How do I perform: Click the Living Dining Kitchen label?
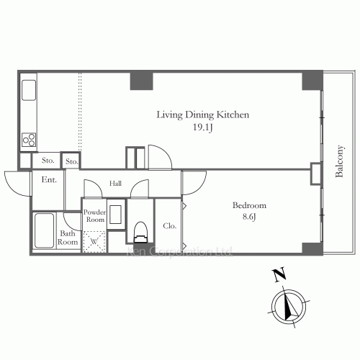pyautogui.click(x=203, y=115)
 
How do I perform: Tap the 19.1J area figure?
pyautogui.click(x=203, y=127)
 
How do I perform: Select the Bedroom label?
pyautogui.click(x=249, y=205)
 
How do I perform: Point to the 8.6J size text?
pyautogui.click(x=249, y=217)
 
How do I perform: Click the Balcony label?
pyautogui.click(x=339, y=161)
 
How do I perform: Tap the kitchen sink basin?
pyautogui.click(x=29, y=90)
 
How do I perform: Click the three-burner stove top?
pyautogui.click(x=29, y=140)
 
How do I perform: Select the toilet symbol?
pyautogui.click(x=140, y=232)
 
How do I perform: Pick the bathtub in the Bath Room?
pyautogui.click(x=44, y=230)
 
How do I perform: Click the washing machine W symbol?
pyautogui.click(x=94, y=241)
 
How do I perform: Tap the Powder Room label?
pyautogui.click(x=94, y=216)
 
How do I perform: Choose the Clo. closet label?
pyautogui.click(x=170, y=226)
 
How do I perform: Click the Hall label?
pyautogui.click(x=115, y=184)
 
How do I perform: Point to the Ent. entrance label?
pyautogui.click(x=49, y=179)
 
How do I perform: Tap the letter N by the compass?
pyautogui.click(x=279, y=274)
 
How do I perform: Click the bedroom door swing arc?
pyautogui.click(x=200, y=186)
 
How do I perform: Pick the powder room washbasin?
pyautogui.click(x=115, y=215)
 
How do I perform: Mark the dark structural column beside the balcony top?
pyautogui.click(x=312, y=81)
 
